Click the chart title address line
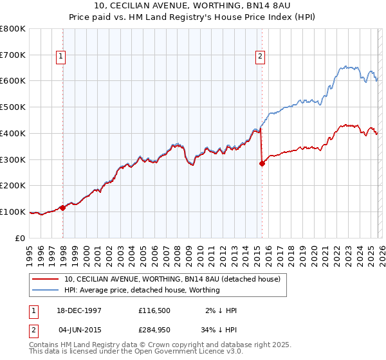pyautogui.click(x=193, y=6)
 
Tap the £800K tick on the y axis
pyautogui.click(x=13, y=29)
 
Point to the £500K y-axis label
pyautogui.click(x=13, y=107)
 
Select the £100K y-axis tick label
pyautogui.click(x=13, y=212)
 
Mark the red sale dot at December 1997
pyautogui.click(x=62, y=208)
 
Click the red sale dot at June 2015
pyautogui.click(x=262, y=163)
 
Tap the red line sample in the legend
pyautogui.click(x=46, y=280)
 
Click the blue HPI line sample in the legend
pyautogui.click(x=46, y=290)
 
